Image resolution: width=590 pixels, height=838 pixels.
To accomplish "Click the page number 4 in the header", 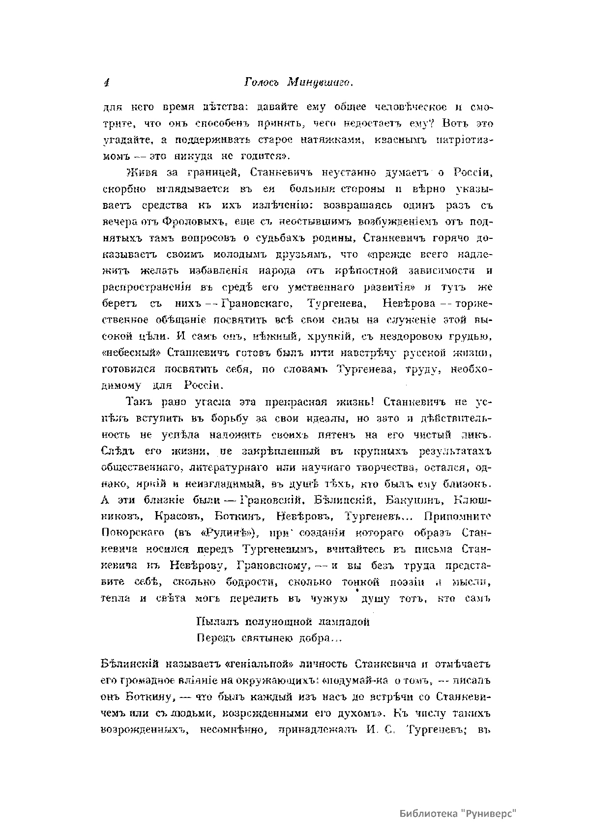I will (106, 84).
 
